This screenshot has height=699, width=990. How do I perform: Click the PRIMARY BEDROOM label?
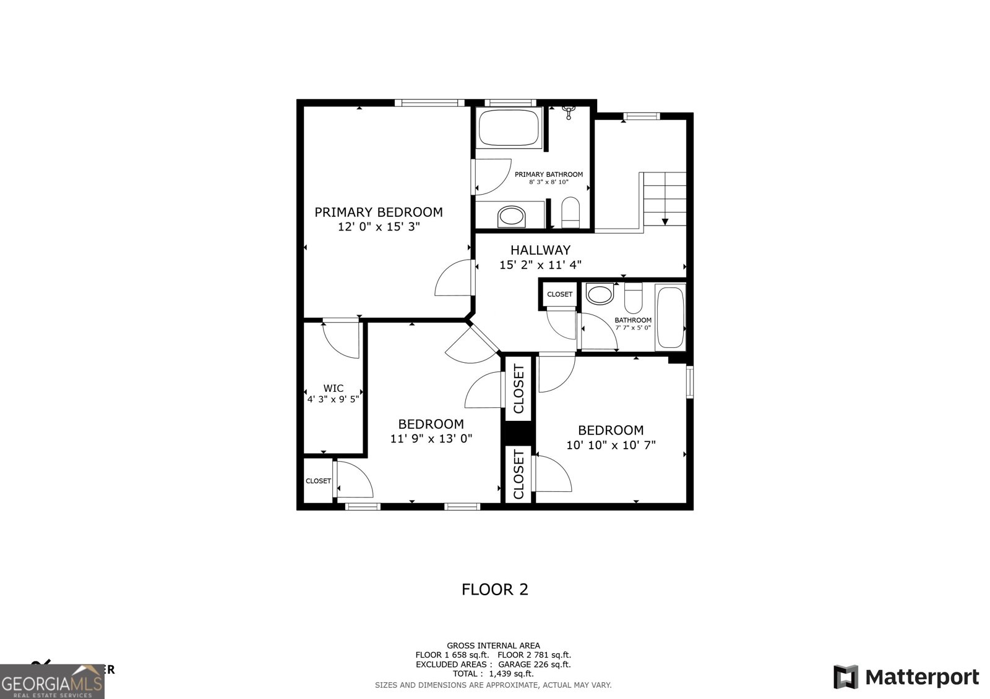point(379,212)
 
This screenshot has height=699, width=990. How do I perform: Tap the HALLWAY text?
point(540,250)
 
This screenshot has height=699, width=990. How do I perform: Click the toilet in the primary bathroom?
point(570,212)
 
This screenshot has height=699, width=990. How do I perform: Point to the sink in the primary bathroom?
point(511,216)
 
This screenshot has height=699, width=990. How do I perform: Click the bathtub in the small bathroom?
point(670,317)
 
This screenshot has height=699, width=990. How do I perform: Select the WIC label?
point(333,388)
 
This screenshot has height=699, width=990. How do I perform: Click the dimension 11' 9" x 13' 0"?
point(431,439)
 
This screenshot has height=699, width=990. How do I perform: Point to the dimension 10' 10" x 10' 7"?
point(611,445)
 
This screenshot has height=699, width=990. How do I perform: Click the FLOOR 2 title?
point(495,589)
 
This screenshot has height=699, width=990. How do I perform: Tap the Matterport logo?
point(906,677)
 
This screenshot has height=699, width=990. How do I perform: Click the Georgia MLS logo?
point(52,682)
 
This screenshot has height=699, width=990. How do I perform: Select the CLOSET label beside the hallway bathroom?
point(560,294)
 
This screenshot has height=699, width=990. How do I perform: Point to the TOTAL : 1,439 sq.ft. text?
point(493,674)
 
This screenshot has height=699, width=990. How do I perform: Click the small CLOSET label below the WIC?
point(318,481)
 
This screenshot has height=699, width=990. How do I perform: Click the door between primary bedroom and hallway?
point(456,279)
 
